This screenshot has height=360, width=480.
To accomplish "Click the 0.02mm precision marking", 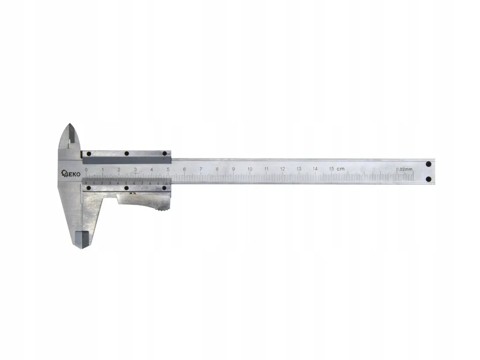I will pyautogui.click(x=404, y=169).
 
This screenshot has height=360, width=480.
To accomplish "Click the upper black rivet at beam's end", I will pyautogui.click(x=428, y=164).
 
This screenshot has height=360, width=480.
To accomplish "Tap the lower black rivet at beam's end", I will pyautogui.click(x=428, y=179).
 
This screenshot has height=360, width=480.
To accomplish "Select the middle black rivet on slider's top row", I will pyautogui.click(x=126, y=154).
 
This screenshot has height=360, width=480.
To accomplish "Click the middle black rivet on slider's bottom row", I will pyautogui.click(x=126, y=188).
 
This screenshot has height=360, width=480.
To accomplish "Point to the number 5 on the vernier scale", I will pyautogui.click(x=126, y=183).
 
